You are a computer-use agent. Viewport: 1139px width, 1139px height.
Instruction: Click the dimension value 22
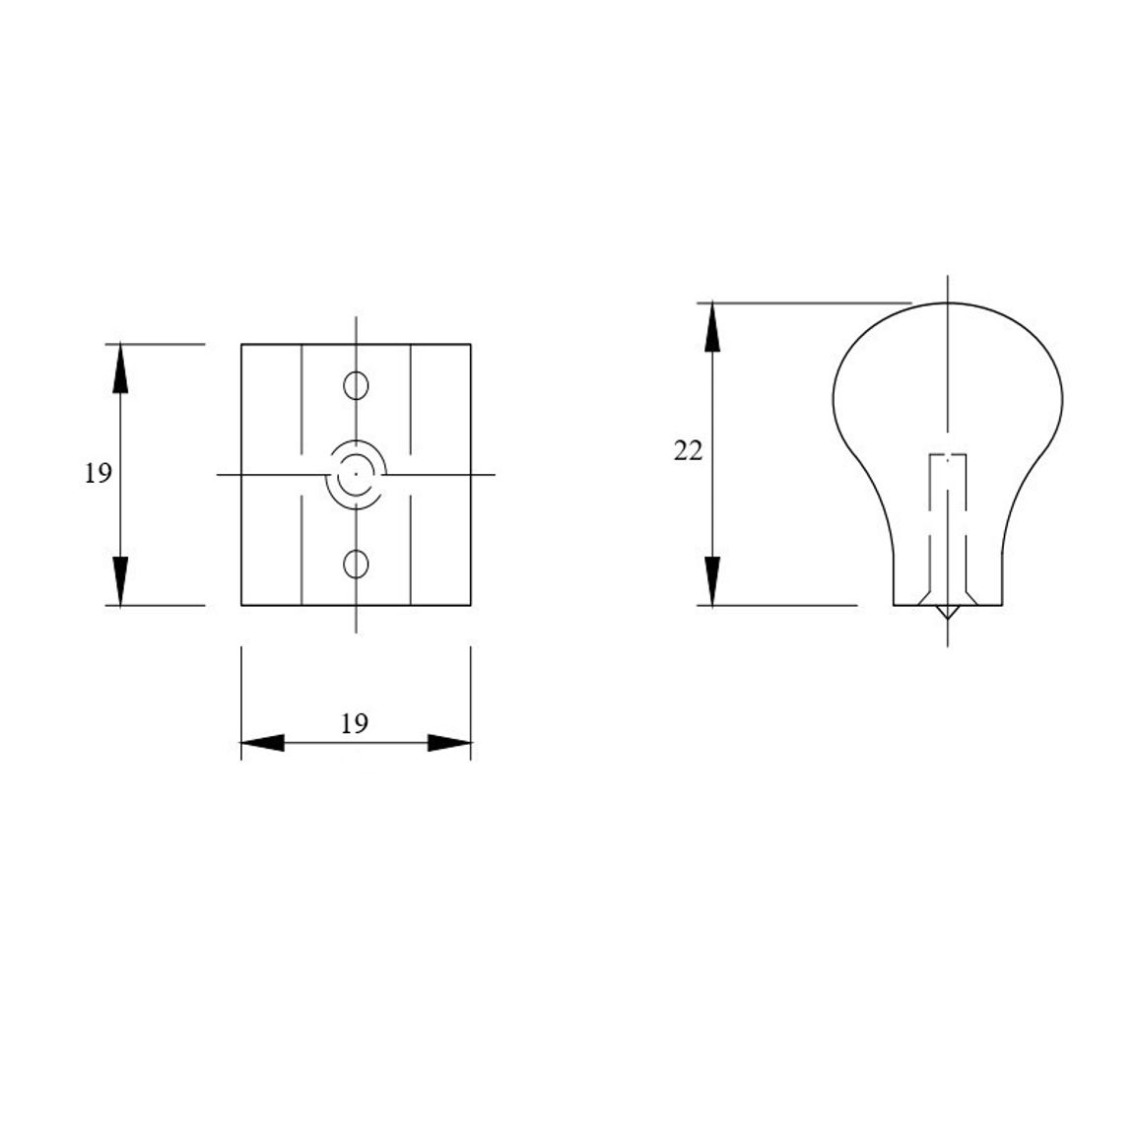688,451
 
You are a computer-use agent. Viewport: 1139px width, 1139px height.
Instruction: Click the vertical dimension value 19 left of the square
99,474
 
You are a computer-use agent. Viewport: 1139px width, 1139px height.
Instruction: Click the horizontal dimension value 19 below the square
355,723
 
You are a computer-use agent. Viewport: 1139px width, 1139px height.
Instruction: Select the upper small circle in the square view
356,385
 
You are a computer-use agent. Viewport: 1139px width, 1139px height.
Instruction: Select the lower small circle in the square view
356,564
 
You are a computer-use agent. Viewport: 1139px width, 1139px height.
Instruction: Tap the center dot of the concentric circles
356,474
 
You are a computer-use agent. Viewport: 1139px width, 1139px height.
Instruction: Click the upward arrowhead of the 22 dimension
712,327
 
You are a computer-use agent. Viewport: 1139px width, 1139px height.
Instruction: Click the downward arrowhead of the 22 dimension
712,580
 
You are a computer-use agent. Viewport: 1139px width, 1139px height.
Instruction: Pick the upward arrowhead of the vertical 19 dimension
120,368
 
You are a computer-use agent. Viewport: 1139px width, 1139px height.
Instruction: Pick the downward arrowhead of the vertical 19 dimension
120,580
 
